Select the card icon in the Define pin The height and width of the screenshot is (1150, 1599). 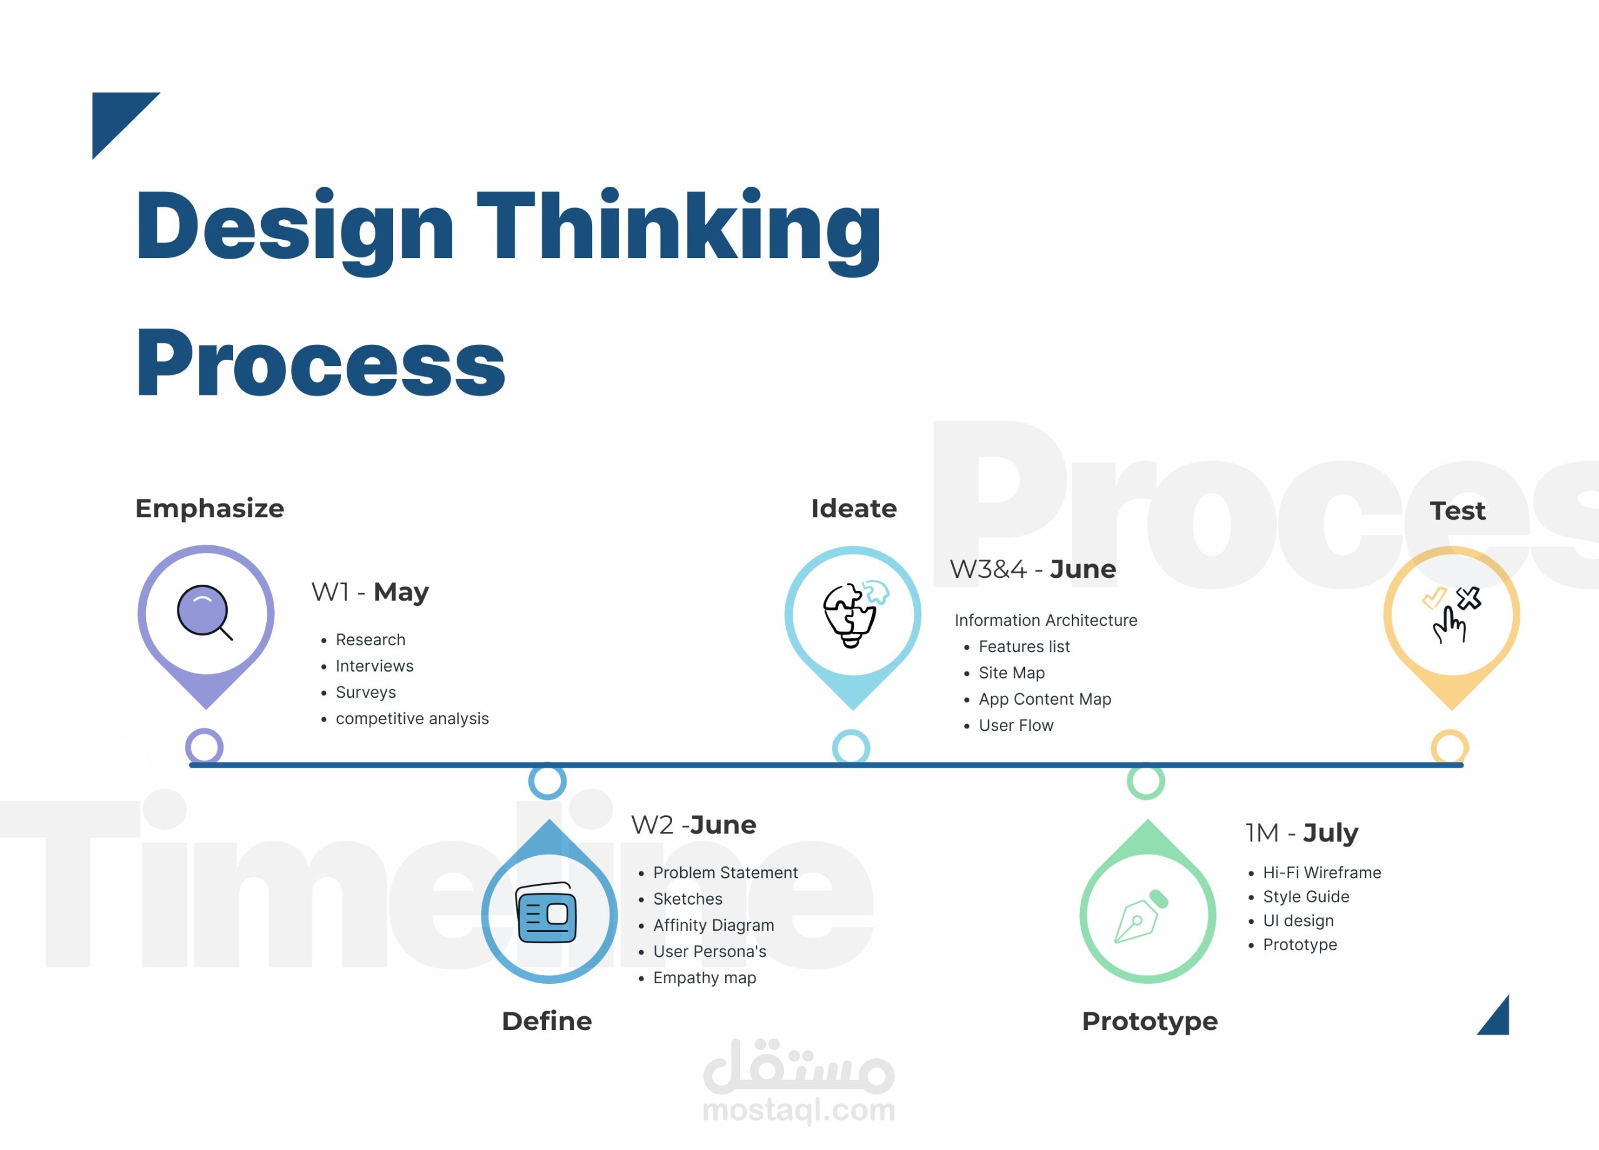pyautogui.click(x=547, y=913)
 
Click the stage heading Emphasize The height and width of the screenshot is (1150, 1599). pyautogui.click(x=209, y=508)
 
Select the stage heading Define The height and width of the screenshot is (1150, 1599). pyautogui.click(x=547, y=1021)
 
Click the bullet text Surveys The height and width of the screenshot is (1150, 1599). pyautogui.click(x=365, y=692)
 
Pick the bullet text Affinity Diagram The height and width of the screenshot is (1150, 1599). pyautogui.click(x=713, y=925)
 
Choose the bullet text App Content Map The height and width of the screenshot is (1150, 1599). pyautogui.click(x=1045, y=699)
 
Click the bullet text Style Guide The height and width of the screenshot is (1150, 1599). pyautogui.click(x=1305, y=896)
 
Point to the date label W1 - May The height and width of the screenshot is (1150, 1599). pyautogui.click(x=370, y=592)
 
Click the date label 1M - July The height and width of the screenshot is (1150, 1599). pyautogui.click(x=1302, y=833)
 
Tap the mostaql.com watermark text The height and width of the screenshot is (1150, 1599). pyautogui.click(x=799, y=1110)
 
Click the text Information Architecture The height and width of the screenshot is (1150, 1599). pyautogui.click(x=1046, y=620)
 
